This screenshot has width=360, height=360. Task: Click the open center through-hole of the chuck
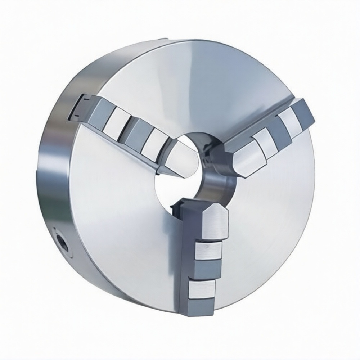coord(176,187)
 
